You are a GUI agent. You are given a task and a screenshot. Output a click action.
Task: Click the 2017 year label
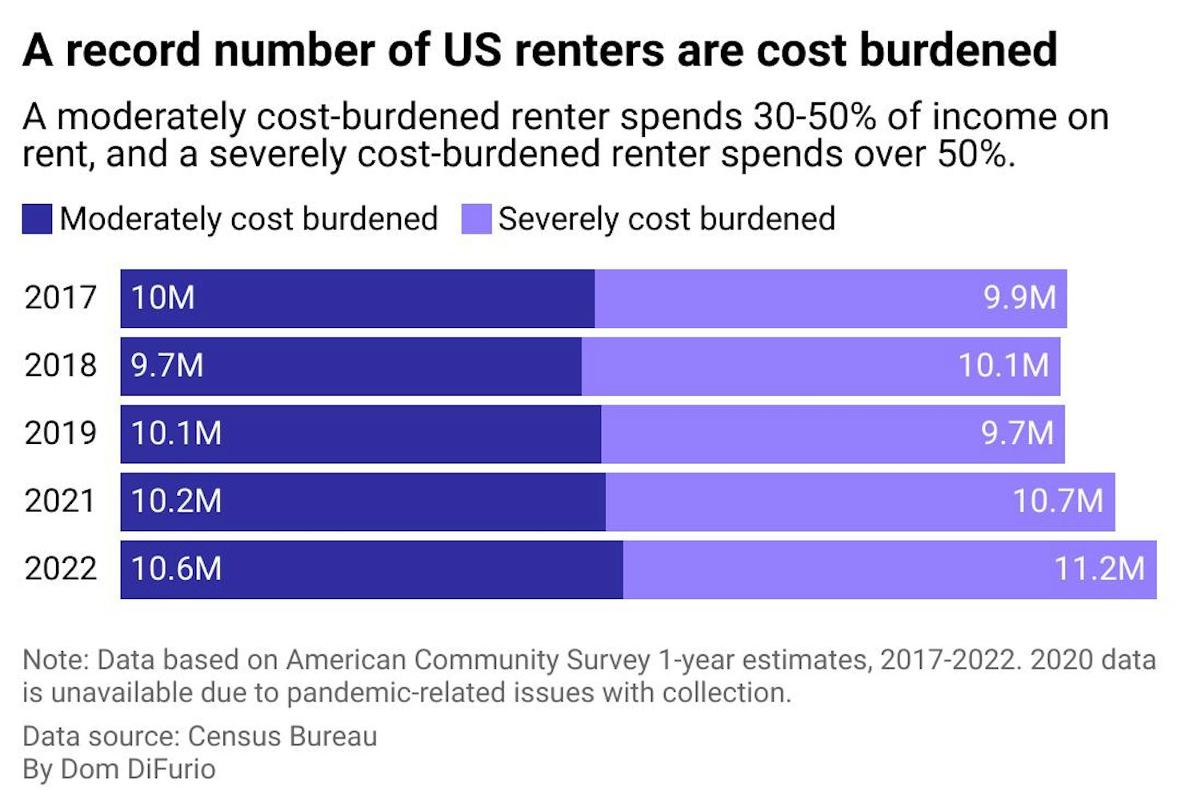point(61,298)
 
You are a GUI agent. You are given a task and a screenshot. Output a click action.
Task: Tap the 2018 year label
point(61,366)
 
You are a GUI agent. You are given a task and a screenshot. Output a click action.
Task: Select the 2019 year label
point(61,433)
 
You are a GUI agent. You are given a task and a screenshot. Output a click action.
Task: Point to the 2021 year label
point(61,501)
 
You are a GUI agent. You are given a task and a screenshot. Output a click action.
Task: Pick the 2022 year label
point(61,569)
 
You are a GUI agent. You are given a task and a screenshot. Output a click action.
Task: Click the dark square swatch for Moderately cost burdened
point(37,219)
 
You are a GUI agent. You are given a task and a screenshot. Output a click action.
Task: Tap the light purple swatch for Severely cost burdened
point(476,219)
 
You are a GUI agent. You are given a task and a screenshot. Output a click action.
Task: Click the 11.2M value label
point(1099,569)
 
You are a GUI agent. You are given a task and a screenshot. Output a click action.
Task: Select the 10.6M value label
point(176,569)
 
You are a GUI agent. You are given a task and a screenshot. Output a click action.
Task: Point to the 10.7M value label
point(1058,501)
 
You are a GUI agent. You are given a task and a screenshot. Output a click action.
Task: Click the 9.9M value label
point(1019,298)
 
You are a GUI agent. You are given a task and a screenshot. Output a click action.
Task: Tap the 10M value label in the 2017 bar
point(162,298)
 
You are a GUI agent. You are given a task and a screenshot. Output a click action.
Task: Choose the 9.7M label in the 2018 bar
point(167,366)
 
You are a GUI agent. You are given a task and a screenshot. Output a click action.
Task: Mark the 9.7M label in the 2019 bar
point(1017,433)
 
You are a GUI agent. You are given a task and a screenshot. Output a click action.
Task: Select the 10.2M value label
point(176,501)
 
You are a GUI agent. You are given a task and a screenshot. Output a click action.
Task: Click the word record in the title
point(133,50)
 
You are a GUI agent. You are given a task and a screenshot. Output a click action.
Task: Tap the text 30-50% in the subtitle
point(814,117)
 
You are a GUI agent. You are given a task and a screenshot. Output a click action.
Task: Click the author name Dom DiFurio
point(138,769)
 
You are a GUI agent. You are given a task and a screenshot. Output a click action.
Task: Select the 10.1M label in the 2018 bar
point(1003,366)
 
